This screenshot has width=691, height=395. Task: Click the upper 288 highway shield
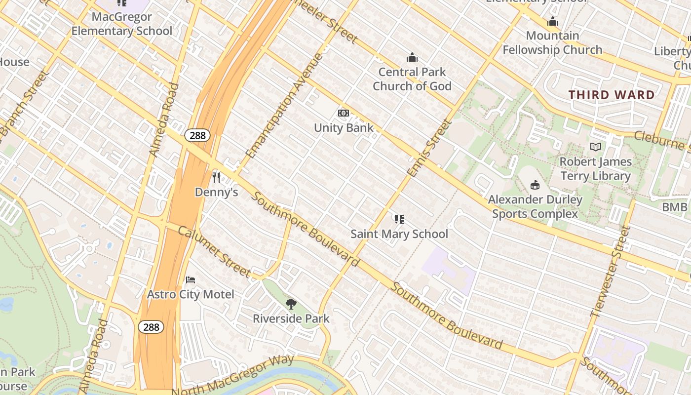[197, 135]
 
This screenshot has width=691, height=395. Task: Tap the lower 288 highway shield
[151, 327]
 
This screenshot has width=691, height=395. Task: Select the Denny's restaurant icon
[216, 177]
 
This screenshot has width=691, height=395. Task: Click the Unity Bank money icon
[344, 114]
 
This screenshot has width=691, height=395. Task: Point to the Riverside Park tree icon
[291, 304]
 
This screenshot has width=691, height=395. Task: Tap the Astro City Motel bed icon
[191, 280]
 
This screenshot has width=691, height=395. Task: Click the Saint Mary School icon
[399, 219]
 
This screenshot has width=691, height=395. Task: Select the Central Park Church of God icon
[412, 58]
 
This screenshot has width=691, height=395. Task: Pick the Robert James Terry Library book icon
[596, 147]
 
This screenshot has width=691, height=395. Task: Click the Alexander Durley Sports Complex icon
[535, 185]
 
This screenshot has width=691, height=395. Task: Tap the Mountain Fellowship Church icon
[552, 22]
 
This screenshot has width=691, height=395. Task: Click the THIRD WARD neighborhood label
[612, 95]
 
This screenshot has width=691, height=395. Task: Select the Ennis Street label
[429, 148]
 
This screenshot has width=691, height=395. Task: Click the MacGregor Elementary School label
[122, 24]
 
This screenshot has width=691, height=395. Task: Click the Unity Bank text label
[344, 128]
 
